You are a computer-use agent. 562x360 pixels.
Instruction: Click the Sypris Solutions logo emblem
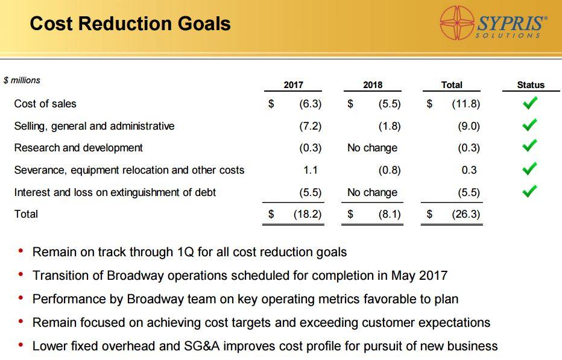[x=458, y=24]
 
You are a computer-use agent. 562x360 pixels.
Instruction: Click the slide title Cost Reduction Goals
[x=130, y=24]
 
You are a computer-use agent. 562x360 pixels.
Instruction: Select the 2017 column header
[x=293, y=85]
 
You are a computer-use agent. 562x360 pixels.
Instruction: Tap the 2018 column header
[x=373, y=85]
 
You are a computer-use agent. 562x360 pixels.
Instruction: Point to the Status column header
[x=531, y=85]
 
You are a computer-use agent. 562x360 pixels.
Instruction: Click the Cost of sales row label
[x=45, y=104]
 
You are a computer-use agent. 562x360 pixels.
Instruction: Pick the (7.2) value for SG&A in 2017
[x=311, y=126]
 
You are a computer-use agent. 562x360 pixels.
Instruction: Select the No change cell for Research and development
[x=372, y=148]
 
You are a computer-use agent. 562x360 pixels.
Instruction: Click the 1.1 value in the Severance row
[x=311, y=170]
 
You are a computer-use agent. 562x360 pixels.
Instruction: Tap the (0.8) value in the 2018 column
[x=390, y=170]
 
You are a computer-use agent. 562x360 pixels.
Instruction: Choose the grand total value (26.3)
[x=466, y=214]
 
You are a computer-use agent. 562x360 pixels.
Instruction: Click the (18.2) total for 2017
[x=307, y=214]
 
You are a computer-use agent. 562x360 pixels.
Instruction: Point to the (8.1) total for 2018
[x=389, y=214]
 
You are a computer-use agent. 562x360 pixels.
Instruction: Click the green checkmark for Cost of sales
[x=530, y=104]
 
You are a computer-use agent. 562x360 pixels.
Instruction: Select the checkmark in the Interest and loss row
[x=530, y=192]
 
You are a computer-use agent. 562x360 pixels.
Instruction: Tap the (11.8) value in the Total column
[x=466, y=104]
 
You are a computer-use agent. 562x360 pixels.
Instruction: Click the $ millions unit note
[x=22, y=80]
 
